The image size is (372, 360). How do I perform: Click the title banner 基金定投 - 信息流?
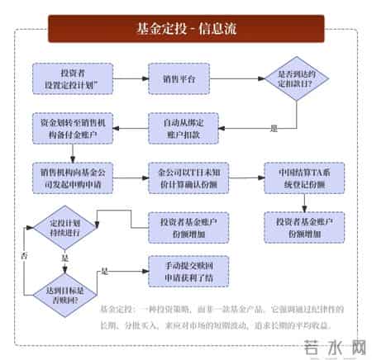[186, 31]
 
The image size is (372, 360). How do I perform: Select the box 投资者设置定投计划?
[69, 78]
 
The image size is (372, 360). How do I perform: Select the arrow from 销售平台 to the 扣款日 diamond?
[236, 78]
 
